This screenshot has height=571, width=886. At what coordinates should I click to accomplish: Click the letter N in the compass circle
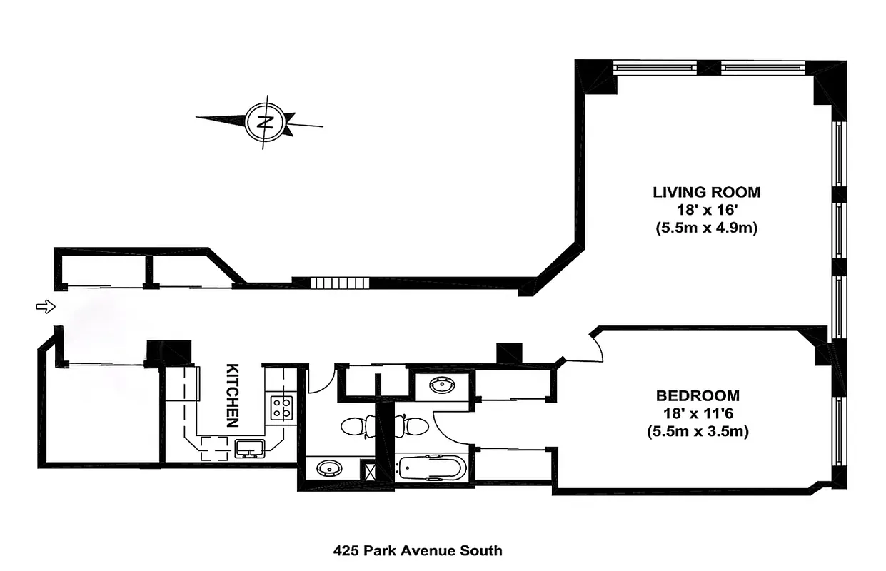tap(266, 121)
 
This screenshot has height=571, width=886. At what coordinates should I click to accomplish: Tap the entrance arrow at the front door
tap(45, 307)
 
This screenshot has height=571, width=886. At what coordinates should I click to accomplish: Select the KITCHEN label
tap(232, 395)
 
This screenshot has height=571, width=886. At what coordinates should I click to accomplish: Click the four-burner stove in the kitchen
tap(281, 408)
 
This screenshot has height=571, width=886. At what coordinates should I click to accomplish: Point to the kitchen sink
tap(250, 448)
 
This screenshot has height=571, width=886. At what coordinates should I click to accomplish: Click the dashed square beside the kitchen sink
tap(213, 448)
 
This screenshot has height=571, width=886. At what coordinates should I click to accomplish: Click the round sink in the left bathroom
tap(329, 469)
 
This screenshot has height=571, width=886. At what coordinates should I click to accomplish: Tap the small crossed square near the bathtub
tap(370, 470)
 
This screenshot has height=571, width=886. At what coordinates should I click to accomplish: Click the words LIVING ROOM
tap(706, 192)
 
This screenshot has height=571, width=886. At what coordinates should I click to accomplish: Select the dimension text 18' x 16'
tap(706, 211)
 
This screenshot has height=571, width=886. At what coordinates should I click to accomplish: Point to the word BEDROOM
tap(698, 395)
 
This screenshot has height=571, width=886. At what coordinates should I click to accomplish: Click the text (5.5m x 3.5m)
tap(698, 432)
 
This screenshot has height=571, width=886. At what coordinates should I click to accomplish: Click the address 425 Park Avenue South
tap(418, 550)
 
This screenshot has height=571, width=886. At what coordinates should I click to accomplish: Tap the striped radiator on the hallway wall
tap(340, 283)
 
